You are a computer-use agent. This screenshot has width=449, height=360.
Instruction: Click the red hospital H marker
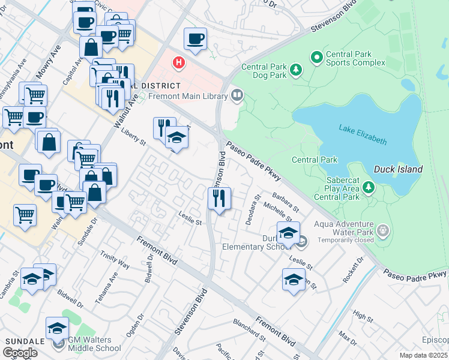point(178,62)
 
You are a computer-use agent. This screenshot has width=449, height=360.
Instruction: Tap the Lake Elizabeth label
point(363,134)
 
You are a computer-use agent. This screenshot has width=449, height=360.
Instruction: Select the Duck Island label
point(398,169)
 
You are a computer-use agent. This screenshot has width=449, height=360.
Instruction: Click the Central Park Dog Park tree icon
point(296,71)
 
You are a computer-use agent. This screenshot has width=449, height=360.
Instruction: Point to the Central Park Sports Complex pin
point(317,58)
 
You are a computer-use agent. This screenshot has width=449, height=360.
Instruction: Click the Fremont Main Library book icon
point(238,95)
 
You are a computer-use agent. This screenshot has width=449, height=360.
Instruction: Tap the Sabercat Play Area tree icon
point(369,188)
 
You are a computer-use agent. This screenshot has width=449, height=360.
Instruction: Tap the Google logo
point(20,353)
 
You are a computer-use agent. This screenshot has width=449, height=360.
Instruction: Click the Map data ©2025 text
point(424,355)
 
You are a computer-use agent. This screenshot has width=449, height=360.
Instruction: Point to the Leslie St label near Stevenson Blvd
point(190,218)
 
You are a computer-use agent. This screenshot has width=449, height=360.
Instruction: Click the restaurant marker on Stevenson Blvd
point(220,197)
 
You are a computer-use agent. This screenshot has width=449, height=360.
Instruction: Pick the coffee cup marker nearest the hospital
point(195,39)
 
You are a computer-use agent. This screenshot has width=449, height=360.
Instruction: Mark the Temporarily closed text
point(342,239)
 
